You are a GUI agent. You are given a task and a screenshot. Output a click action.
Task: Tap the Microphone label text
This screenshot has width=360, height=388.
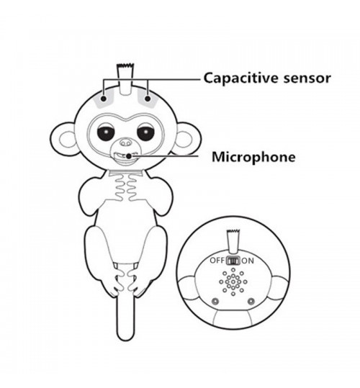pyautogui.click(x=253, y=157)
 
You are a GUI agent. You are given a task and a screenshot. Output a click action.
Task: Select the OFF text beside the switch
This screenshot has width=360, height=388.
pyautogui.click(x=217, y=261)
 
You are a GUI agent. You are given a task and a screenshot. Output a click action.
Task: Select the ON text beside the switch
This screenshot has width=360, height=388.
pyautogui.click(x=248, y=261)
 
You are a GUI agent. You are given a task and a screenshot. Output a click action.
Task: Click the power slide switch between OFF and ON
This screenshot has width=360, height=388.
pyautogui.click(x=233, y=261)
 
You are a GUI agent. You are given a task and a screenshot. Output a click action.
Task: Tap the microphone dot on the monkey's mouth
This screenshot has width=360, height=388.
pyautogui.click(x=129, y=156)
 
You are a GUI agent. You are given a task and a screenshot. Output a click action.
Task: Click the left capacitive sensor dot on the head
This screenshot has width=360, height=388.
pyautogui.click(x=104, y=99)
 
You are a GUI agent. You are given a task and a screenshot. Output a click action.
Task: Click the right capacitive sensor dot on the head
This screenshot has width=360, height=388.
pyautogui.click(x=148, y=99)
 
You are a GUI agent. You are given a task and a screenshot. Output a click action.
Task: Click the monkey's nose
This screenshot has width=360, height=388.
pyautogui.click(x=125, y=143)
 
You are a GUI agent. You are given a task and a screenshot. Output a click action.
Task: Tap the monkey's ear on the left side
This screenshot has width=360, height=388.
pyautogui.click(x=64, y=140)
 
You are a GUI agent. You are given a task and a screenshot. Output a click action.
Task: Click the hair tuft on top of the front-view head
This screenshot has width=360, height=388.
pyautogui.click(x=126, y=79)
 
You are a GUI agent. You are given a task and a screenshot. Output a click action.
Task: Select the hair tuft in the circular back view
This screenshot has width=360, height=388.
pyautogui.click(x=233, y=242)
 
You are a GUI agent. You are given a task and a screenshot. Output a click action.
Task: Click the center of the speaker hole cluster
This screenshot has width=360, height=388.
pyautogui.click(x=233, y=282)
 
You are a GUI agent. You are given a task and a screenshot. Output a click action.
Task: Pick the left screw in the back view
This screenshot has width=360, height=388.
pyautogui.click(x=215, y=302)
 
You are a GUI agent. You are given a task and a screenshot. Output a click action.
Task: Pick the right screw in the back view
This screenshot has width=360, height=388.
pyautogui.click(x=251, y=302)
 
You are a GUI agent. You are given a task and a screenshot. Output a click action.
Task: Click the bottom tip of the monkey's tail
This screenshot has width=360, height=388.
pyautogui.click(x=125, y=340)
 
